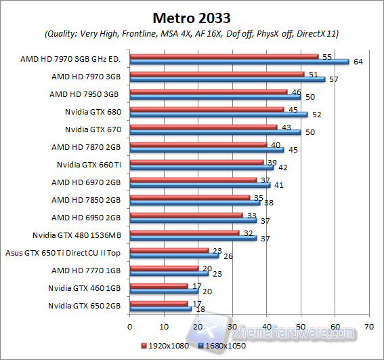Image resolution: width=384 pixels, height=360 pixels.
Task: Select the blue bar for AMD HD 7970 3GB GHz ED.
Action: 238,62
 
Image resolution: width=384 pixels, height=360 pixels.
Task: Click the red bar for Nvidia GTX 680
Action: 206,108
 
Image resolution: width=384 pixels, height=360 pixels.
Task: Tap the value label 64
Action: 356,62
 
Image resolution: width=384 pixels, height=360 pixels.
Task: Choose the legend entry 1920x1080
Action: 166,346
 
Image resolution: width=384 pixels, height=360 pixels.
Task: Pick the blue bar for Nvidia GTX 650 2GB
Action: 160,308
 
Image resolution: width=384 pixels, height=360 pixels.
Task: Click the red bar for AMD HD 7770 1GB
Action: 163,268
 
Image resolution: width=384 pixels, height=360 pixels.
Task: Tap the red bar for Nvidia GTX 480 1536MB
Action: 184,233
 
